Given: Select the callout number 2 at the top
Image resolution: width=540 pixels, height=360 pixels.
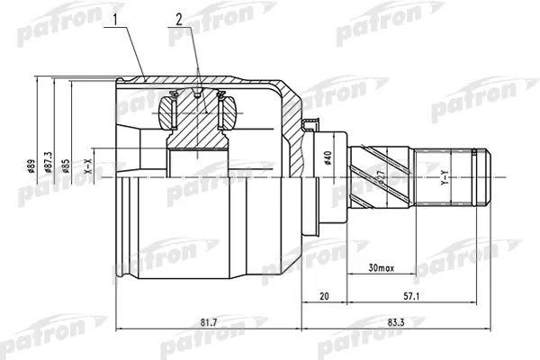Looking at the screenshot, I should coord(179,18).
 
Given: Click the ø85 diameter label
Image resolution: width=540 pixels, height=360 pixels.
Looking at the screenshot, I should coord(67,166).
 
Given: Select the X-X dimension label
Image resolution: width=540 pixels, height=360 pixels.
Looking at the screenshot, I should coord(87,166).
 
